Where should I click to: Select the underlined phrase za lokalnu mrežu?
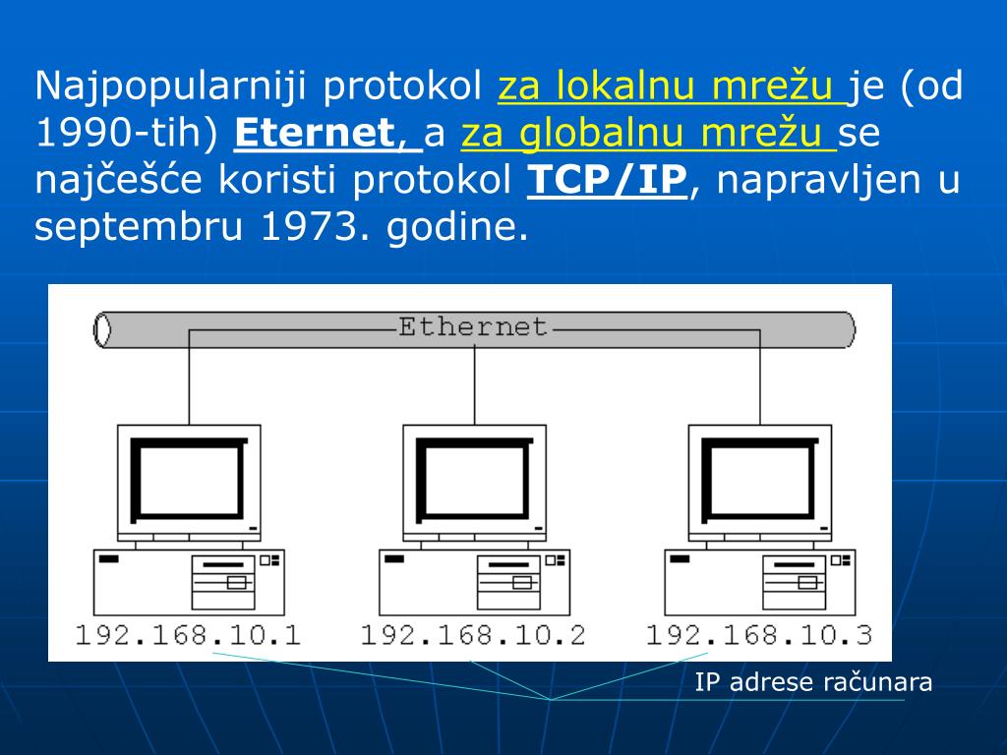pos(673,87)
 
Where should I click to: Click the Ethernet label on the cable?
pos(473,326)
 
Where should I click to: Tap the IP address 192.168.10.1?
pos(188,634)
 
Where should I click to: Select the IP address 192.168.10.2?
pos(473,634)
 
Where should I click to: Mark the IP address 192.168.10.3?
pos(758,634)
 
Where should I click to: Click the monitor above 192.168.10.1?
pos(189,480)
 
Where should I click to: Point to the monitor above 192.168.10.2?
pos(474,480)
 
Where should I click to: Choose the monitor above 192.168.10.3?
pos(759,480)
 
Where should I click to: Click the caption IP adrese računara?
pos(813,682)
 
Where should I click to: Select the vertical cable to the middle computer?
pos(475,383)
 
